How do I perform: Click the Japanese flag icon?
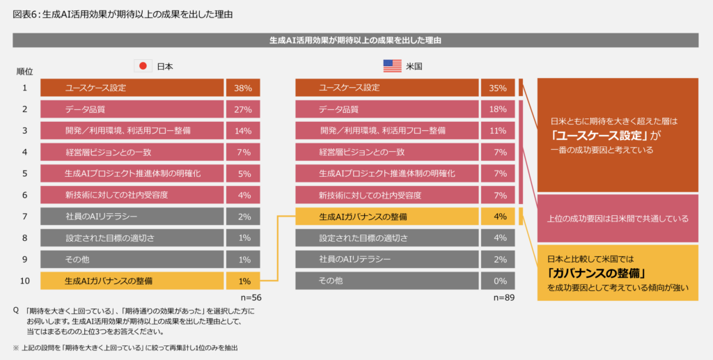tap(143, 66)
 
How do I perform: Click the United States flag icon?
tap(393, 66)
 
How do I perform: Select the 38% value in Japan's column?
tap(243, 88)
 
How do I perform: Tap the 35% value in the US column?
tap(498, 88)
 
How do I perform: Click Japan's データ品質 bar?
tap(132, 109)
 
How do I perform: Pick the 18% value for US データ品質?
tap(498, 109)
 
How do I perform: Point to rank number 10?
tap(24, 281)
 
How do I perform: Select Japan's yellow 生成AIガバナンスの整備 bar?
tap(132, 281)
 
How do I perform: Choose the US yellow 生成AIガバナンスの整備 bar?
tap(386, 217)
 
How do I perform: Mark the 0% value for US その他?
tap(498, 281)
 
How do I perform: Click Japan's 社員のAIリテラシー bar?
tap(132, 217)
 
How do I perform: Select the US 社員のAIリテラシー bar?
tap(386, 259)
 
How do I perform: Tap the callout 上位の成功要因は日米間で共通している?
tap(618, 219)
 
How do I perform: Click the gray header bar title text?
tap(356, 40)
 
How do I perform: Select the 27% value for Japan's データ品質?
tap(243, 109)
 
